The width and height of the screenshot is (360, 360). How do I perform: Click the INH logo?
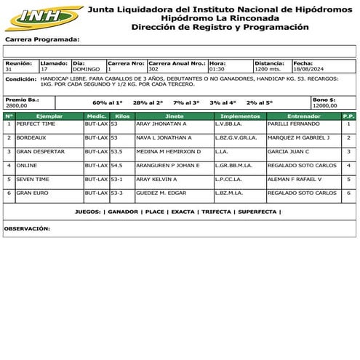pyautogui.click(x=41, y=17)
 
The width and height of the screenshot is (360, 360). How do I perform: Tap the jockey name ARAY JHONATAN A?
pyautogui.click(x=161, y=124)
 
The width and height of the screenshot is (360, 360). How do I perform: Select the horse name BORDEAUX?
pyautogui.click(x=31, y=137)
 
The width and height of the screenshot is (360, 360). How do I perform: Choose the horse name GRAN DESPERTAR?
pyautogui.click(x=40, y=151)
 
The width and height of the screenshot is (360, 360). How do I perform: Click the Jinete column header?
pyautogui.click(x=174, y=116)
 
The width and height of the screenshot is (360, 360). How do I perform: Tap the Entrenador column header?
pyautogui.click(x=303, y=116)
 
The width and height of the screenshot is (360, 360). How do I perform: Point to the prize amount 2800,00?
pyautogui.click(x=16, y=105)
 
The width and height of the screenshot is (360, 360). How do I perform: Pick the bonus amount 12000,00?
pyautogui.click(x=325, y=105)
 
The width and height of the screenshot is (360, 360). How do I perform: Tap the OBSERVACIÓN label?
pyautogui.click(x=27, y=228)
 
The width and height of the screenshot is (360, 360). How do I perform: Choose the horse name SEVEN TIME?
pyautogui.click(x=33, y=179)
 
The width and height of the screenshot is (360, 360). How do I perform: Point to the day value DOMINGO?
pyautogui.click(x=87, y=70)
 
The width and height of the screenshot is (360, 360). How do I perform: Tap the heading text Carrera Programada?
pyautogui.click(x=42, y=39)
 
